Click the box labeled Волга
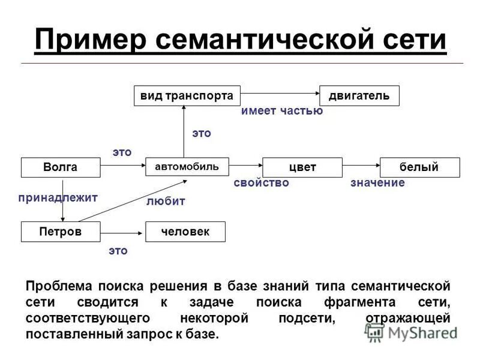click(x=61, y=167)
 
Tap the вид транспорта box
click(x=187, y=96)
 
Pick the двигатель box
click(x=359, y=96)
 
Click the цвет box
click(x=302, y=167)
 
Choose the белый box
click(x=419, y=167)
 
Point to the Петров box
click(x=61, y=232)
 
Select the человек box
click(x=185, y=232)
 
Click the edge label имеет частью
click(x=282, y=111)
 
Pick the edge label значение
click(x=377, y=182)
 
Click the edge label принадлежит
click(x=58, y=197)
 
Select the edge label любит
click(x=166, y=202)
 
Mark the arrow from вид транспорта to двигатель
click(x=279, y=95)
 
